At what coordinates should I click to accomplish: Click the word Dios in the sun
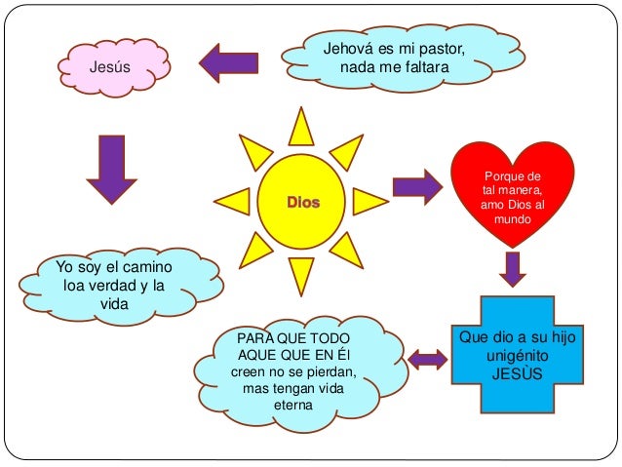[x=302, y=204]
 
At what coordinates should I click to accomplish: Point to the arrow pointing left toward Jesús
[x=229, y=63]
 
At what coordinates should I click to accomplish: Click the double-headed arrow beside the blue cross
[x=428, y=360]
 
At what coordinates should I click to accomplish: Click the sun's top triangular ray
[x=300, y=127]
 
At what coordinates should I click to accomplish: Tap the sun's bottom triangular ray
[x=300, y=277]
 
